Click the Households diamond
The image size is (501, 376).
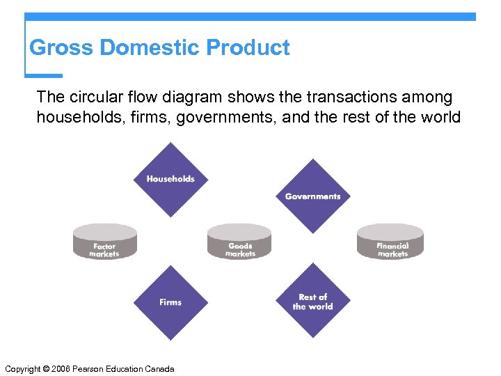[x=170, y=180]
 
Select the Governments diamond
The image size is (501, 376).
[x=312, y=196]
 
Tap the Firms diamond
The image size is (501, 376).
[x=170, y=302]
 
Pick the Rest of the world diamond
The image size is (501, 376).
[x=312, y=301]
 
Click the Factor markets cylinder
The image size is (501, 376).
[x=104, y=242]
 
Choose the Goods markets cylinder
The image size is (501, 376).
[x=240, y=242]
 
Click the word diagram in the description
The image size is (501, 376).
[x=187, y=97]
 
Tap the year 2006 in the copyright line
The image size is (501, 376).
[x=61, y=368]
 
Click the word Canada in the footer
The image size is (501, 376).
[x=159, y=368]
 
